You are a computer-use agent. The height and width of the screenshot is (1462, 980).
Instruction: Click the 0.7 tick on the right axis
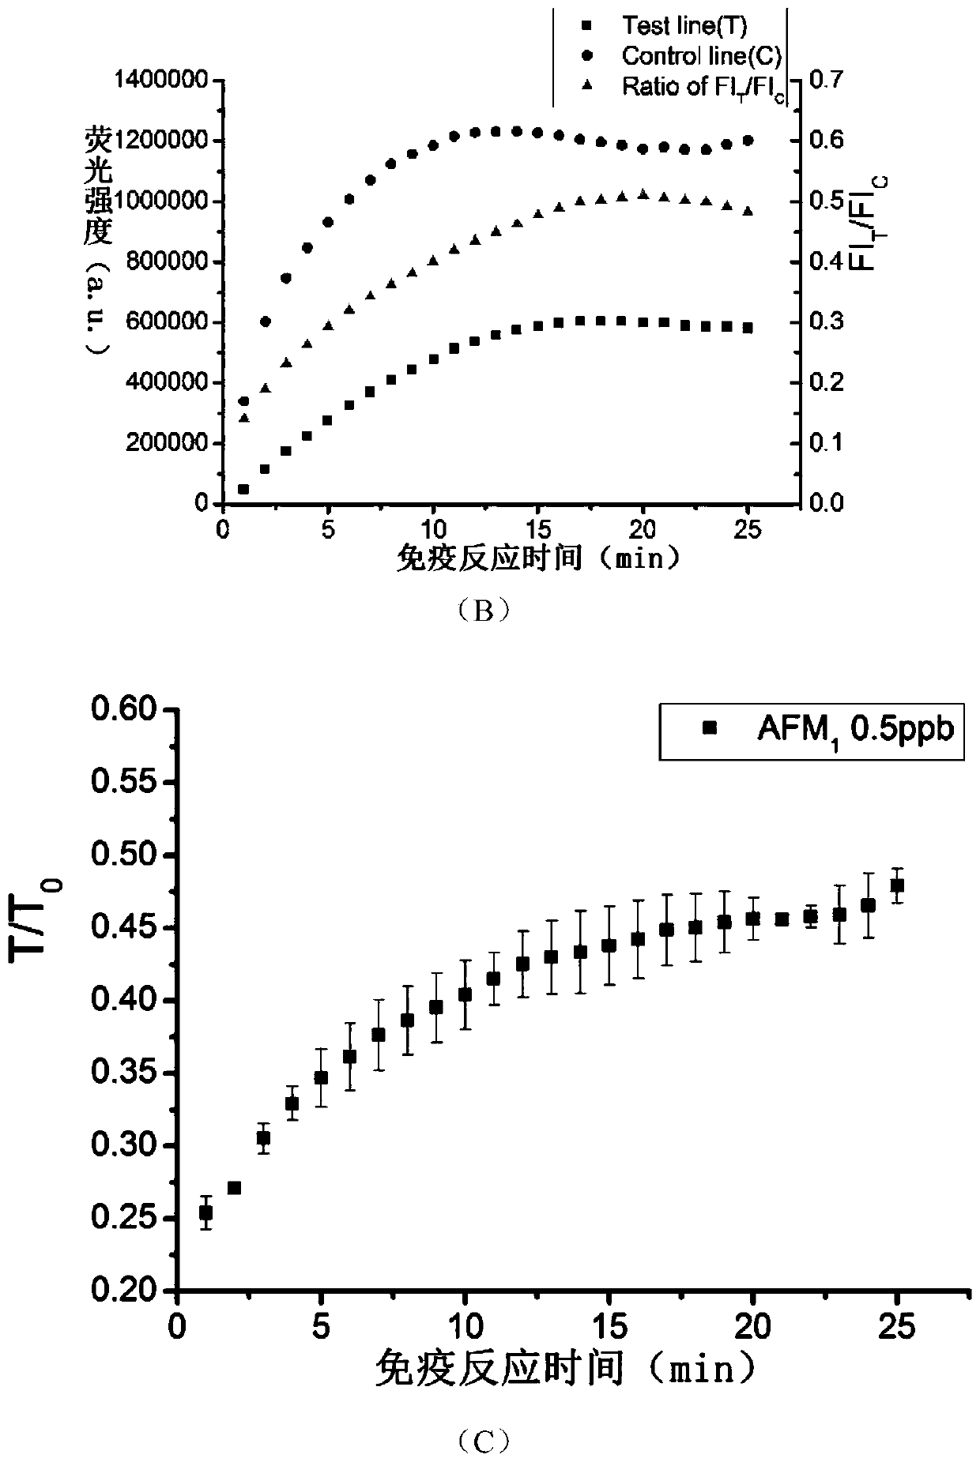pos(825,80)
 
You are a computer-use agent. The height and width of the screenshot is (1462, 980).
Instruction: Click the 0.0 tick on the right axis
pos(825,503)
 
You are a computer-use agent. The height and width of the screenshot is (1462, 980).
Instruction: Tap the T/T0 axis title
pos(36,921)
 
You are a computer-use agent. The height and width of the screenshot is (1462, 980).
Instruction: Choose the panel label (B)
pos(483,611)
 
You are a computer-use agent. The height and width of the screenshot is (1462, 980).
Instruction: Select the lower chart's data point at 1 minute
pos(205,1213)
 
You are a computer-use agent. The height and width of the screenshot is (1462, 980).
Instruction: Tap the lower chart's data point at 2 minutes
pos(234,1188)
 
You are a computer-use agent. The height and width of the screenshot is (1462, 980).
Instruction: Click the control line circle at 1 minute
pos(243,401)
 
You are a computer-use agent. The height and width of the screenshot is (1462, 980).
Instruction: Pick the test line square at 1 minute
pos(243,490)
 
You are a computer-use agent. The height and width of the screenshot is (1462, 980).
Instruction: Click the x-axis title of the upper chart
pos(537,558)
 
